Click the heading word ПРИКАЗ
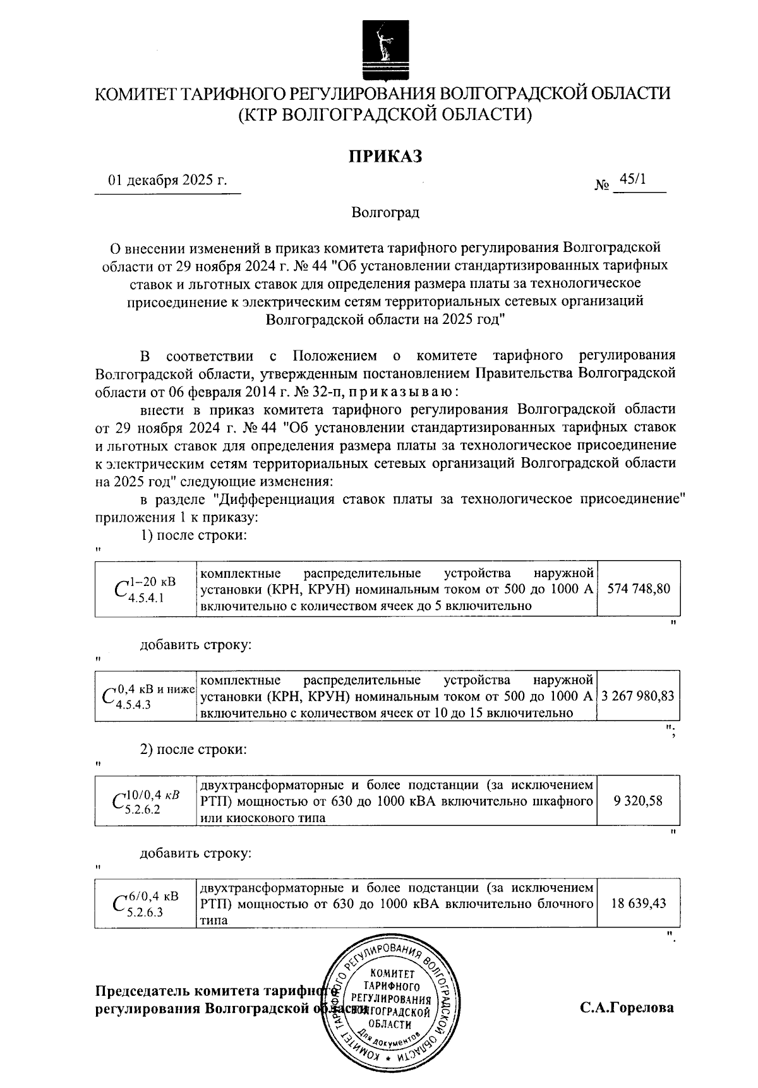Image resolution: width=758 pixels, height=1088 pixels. [x=386, y=156]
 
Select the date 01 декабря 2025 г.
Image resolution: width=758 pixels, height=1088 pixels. [x=167, y=181]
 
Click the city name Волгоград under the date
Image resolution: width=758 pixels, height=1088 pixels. [x=385, y=212]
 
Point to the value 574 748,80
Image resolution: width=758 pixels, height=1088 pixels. [x=639, y=589]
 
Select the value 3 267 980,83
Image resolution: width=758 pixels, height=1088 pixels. [x=638, y=696]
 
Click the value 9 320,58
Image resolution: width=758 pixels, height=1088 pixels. [x=639, y=801]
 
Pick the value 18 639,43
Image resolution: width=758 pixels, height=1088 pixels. [x=639, y=904]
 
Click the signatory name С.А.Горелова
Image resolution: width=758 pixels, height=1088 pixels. [x=627, y=1008]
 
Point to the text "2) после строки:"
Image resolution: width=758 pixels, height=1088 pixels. [x=193, y=750]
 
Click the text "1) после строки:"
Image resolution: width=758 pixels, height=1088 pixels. [x=193, y=535]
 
